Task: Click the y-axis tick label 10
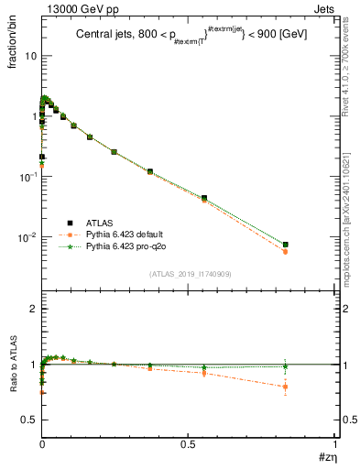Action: [x=30, y=56]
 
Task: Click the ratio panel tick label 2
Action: [x=33, y=310]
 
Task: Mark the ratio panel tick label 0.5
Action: [x=28, y=420]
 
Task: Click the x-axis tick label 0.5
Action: [x=189, y=444]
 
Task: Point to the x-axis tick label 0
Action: [x=42, y=444]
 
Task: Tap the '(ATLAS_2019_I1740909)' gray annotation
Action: [x=189, y=274]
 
